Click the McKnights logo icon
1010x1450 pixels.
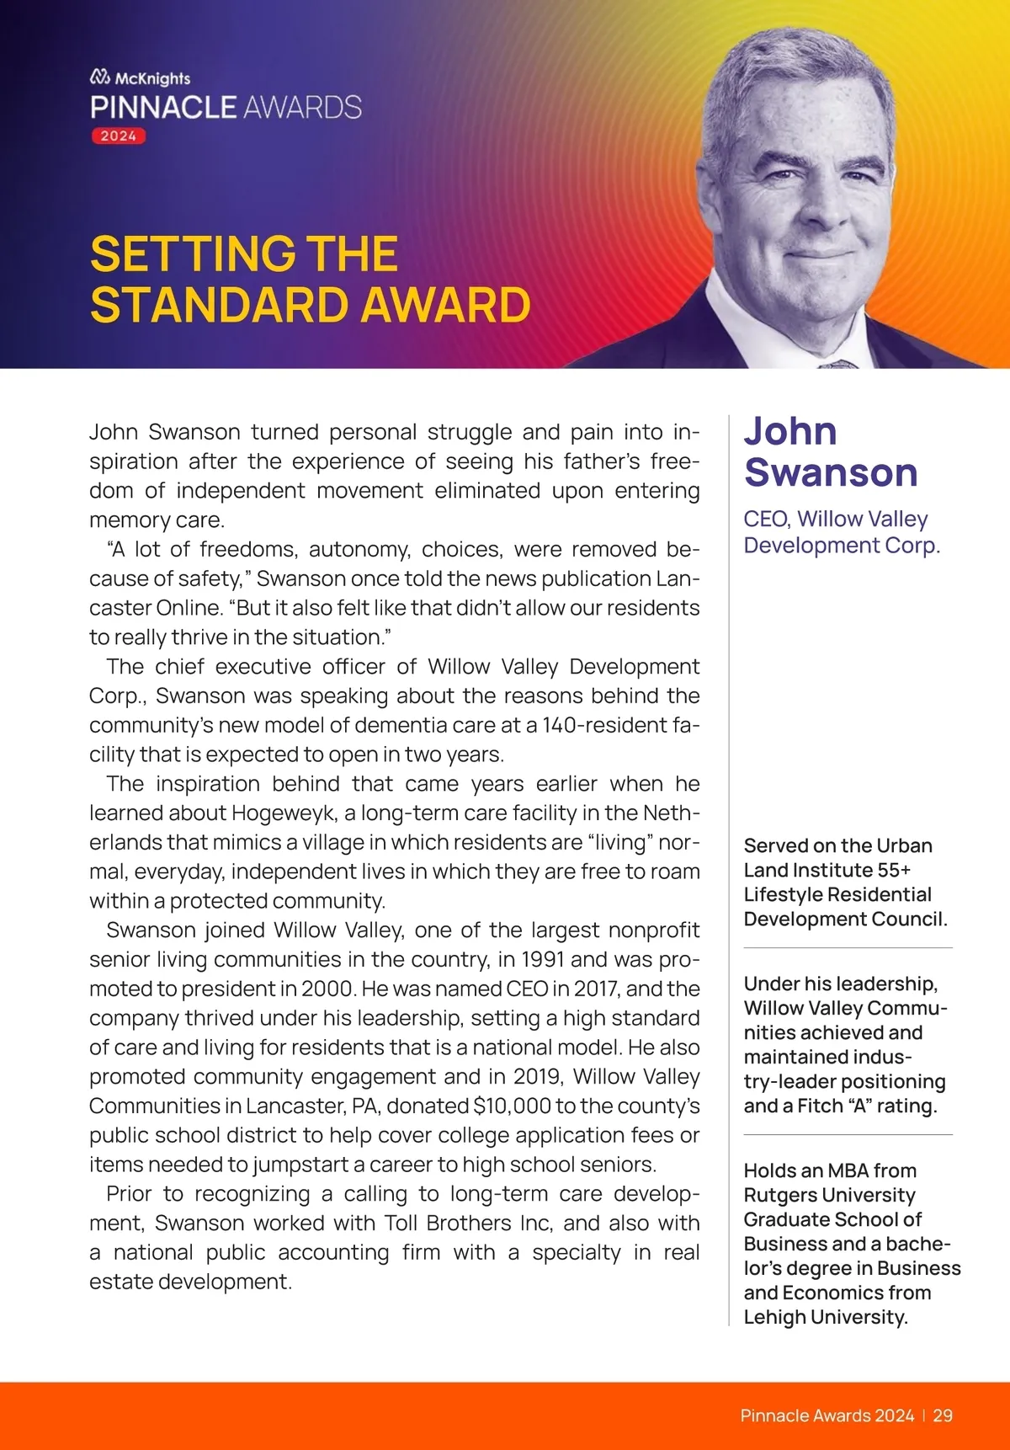(x=100, y=77)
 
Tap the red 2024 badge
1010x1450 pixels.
(x=119, y=136)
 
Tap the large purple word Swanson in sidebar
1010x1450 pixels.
(x=831, y=472)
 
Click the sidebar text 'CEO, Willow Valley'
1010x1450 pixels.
(x=836, y=519)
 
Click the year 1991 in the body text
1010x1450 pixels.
(x=543, y=959)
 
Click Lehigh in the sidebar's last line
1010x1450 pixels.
(x=773, y=1317)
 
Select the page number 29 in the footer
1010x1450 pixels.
(x=943, y=1415)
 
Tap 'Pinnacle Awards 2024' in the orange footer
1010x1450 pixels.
(x=827, y=1415)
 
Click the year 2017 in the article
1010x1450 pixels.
(x=597, y=989)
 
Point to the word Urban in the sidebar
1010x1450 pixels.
(x=904, y=845)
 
